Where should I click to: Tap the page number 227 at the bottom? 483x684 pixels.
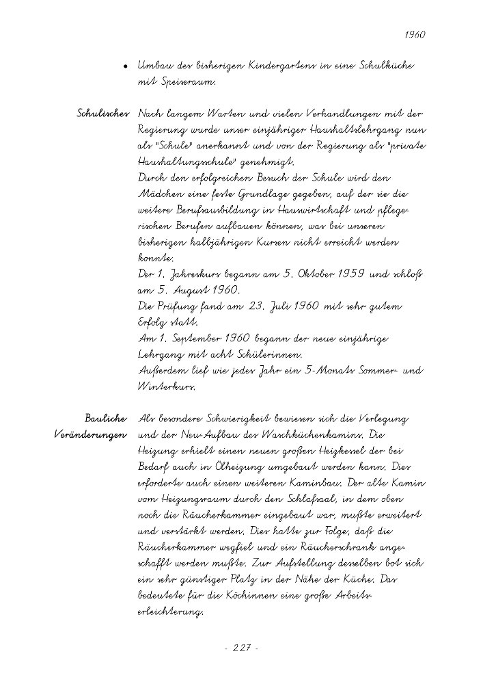coord(241,647)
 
